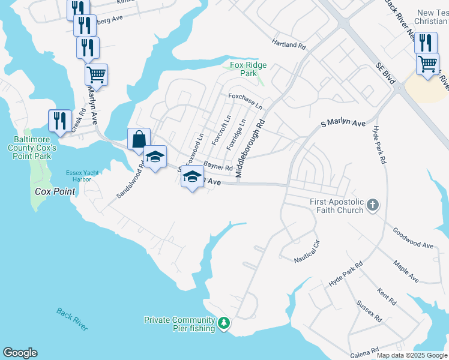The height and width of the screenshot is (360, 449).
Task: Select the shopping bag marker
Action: [x=139, y=139]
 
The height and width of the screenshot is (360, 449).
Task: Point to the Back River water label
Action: [x=72, y=319]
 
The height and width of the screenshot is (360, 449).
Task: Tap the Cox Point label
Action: [x=55, y=192]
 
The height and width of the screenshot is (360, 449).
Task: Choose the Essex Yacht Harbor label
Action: [x=79, y=176]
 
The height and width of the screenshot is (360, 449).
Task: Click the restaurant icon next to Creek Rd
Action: [x=59, y=121]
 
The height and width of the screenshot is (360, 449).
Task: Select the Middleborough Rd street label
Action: [x=250, y=147]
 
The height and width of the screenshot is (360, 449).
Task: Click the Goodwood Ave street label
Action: [x=413, y=238]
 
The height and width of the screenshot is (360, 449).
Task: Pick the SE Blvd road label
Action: [x=387, y=73]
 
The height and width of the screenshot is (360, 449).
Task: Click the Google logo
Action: [x=20, y=353]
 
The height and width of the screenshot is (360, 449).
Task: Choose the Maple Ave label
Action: [x=406, y=271]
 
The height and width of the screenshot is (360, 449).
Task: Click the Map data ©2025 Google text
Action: [x=411, y=355]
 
